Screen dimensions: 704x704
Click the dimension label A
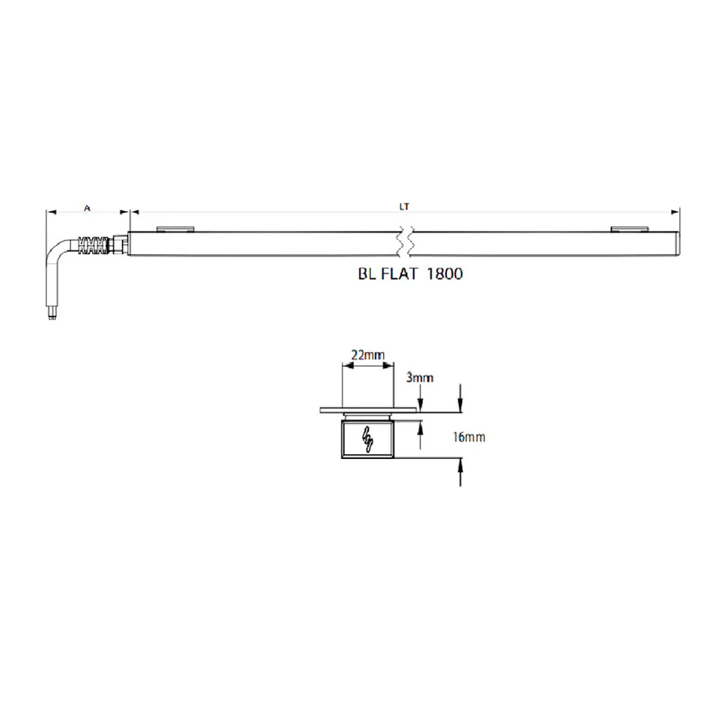(x=87, y=208)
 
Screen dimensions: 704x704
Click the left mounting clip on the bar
(x=175, y=229)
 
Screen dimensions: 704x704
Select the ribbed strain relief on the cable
(x=96, y=245)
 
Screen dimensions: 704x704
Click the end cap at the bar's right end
(x=677, y=243)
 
